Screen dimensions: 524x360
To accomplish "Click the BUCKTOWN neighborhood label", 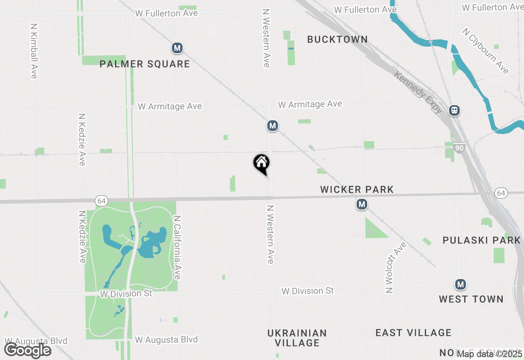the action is [x=337, y=39].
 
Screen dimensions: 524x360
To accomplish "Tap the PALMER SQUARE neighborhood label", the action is [x=145, y=64].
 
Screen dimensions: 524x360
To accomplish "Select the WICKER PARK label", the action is [x=357, y=189].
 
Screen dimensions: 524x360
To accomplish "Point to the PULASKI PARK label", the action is [x=481, y=240].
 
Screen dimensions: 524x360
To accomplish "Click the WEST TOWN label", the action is [x=471, y=299].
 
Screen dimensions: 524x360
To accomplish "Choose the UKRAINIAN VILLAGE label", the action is [x=297, y=337].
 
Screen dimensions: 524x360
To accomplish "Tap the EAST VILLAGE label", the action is [x=413, y=333].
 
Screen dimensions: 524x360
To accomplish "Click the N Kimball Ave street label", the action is [x=34, y=51].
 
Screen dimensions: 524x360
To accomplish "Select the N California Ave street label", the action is [x=177, y=248].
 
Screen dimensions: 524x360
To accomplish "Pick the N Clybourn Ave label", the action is [x=486, y=51].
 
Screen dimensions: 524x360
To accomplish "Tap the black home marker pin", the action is [x=261, y=164].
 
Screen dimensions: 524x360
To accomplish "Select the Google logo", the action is [x=27, y=350].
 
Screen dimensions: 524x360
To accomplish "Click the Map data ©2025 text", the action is [x=490, y=354].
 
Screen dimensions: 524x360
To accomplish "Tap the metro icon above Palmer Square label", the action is [x=177, y=48].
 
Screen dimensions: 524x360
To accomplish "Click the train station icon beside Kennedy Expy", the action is [x=454, y=110].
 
